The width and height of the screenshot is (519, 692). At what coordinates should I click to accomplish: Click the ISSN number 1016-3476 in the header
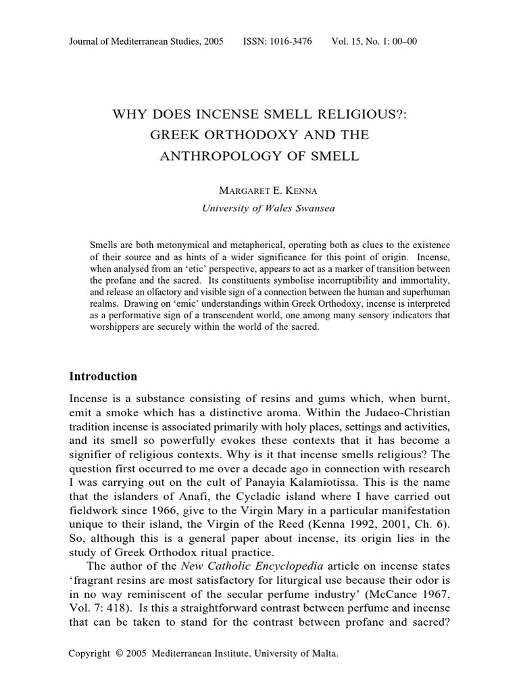click(x=291, y=41)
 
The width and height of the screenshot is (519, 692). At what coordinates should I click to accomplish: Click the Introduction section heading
click(x=103, y=376)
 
